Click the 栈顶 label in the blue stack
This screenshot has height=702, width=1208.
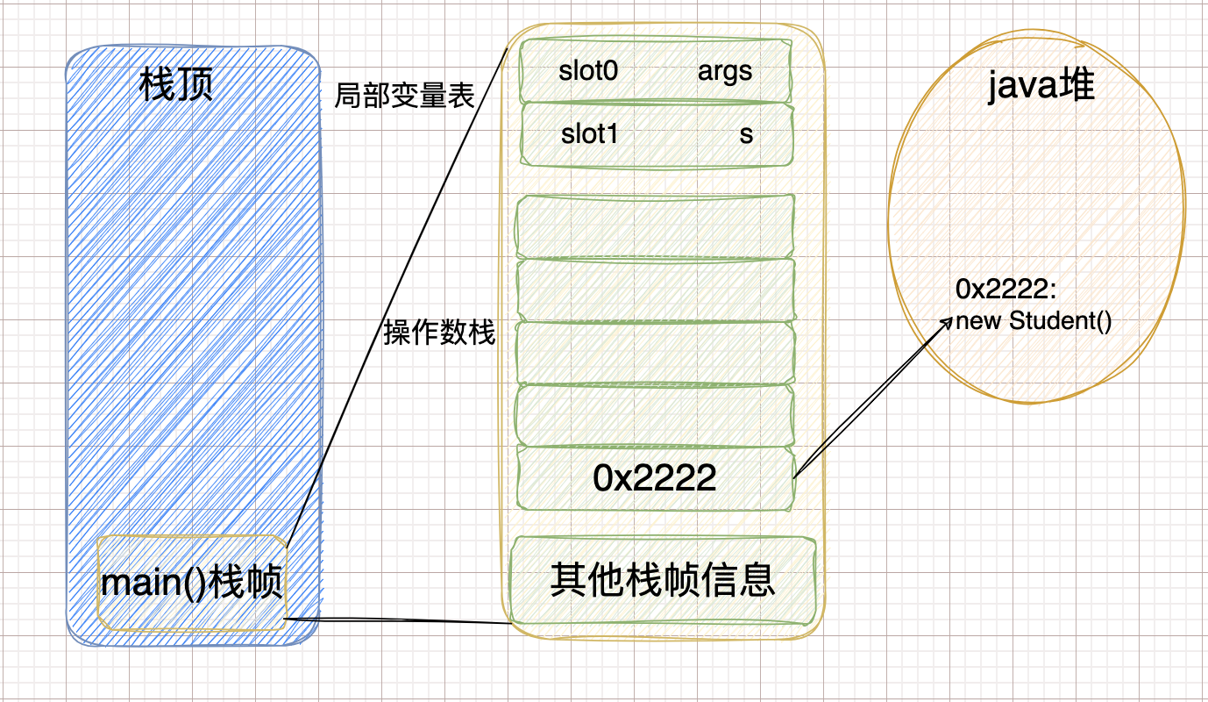[176, 87]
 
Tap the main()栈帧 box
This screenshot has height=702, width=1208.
[192, 583]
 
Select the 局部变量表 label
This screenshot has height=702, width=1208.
[404, 96]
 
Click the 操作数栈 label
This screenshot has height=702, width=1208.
[439, 333]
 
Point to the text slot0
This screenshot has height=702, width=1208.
[588, 72]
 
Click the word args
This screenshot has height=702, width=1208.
[725, 72]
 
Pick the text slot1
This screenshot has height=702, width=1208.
[590, 134]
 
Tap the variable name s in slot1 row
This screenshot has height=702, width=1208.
[746, 134]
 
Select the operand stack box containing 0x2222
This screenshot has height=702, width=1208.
[656, 477]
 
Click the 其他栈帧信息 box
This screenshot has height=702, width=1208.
[663, 580]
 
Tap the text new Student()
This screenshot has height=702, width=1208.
[1034, 320]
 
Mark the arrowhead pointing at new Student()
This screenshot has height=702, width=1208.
[948, 321]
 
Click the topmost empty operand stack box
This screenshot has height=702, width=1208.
[656, 226]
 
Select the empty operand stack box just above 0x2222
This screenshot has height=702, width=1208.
[656, 415]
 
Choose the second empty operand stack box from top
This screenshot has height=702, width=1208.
[656, 289]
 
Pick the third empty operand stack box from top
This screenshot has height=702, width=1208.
[656, 352]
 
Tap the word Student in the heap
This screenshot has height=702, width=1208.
[1048, 320]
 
